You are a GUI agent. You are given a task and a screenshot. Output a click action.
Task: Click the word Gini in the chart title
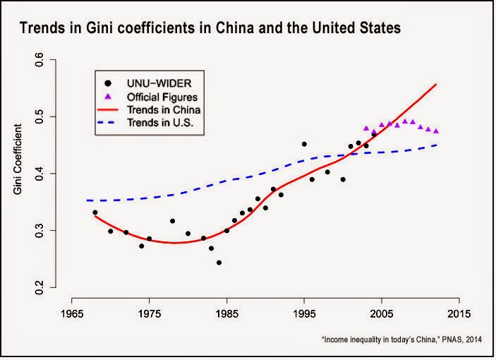(x=99, y=28)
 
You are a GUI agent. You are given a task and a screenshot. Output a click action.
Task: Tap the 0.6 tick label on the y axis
(x=40, y=59)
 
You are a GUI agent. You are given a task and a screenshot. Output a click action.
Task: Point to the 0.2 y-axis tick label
(x=40, y=287)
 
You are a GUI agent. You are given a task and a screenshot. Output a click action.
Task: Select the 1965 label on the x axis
(x=72, y=314)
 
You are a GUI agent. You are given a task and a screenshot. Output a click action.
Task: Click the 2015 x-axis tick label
(x=459, y=314)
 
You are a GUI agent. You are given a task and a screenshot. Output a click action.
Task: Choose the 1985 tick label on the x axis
(x=226, y=314)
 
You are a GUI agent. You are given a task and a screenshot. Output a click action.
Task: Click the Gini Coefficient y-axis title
(x=18, y=159)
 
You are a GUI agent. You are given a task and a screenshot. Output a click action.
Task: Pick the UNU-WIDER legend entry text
(x=159, y=83)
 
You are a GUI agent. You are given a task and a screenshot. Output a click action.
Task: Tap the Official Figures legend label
(x=162, y=97)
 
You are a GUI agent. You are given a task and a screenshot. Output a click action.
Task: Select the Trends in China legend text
(x=164, y=110)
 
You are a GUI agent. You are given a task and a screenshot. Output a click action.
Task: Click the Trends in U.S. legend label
(x=159, y=122)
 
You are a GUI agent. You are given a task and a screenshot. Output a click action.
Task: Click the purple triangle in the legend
(x=108, y=97)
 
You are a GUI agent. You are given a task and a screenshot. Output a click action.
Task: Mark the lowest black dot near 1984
(x=219, y=263)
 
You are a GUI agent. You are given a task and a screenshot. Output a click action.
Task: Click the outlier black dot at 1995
(x=304, y=144)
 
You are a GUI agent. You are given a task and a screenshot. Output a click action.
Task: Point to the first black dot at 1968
(x=95, y=212)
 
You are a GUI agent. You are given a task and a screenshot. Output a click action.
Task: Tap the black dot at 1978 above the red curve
(x=172, y=221)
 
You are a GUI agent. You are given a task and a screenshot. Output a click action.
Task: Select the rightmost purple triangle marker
(x=436, y=131)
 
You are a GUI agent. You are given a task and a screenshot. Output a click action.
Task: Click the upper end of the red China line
(x=436, y=84)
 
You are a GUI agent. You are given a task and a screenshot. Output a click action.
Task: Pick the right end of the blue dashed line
(x=437, y=145)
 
